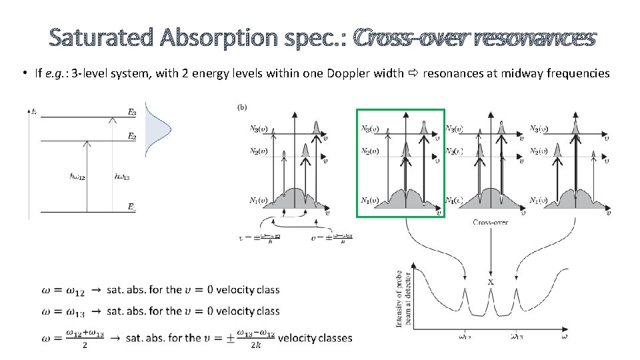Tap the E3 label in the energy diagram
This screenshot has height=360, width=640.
tap(132, 113)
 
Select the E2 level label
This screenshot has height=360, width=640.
tap(132, 136)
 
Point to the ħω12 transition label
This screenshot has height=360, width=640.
tap(78, 177)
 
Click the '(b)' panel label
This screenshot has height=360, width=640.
tap(243, 107)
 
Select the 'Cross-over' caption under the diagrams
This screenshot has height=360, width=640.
tap(491, 223)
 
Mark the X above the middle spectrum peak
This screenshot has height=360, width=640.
tap(491, 281)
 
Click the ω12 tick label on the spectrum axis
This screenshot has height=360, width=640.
tap(464, 337)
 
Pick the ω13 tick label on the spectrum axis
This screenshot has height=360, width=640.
tap(516, 337)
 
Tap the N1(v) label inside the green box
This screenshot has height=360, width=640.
tap(371, 200)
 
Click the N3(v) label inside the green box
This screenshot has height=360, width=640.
tap(371, 129)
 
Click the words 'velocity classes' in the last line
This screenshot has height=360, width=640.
tap(315, 338)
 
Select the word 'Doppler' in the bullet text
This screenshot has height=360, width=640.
tap(347, 73)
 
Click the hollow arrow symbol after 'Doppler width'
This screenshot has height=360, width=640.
tap(412, 73)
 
